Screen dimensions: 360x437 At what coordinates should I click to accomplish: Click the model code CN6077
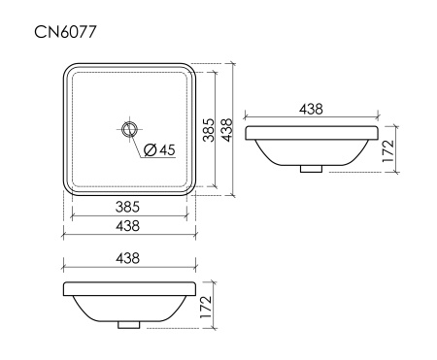66,33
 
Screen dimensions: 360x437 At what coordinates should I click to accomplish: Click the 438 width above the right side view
311,110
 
